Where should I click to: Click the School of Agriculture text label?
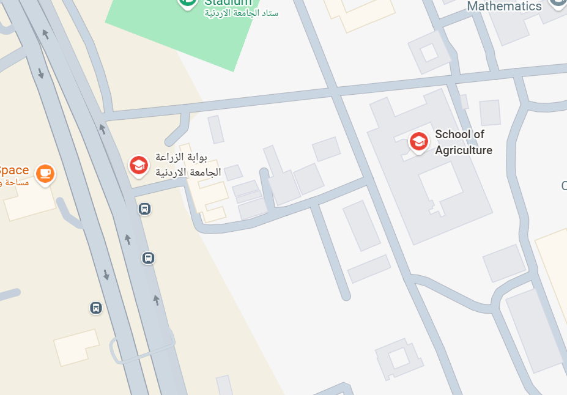[463, 142]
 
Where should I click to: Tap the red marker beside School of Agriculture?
[419, 142]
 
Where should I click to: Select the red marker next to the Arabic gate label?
[139, 165]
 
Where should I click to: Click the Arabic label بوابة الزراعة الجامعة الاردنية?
[188, 164]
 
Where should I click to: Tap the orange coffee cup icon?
[45, 174]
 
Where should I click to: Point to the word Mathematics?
[504, 6]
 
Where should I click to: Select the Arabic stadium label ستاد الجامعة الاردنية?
[241, 13]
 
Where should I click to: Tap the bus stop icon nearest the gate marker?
[144, 209]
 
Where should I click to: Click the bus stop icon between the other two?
[148, 257]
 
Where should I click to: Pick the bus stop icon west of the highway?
[96, 308]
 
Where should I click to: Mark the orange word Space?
[13, 171]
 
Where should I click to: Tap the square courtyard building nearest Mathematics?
[429, 53]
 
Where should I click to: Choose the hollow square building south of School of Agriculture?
[399, 358]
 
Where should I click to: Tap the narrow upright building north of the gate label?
[216, 129]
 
